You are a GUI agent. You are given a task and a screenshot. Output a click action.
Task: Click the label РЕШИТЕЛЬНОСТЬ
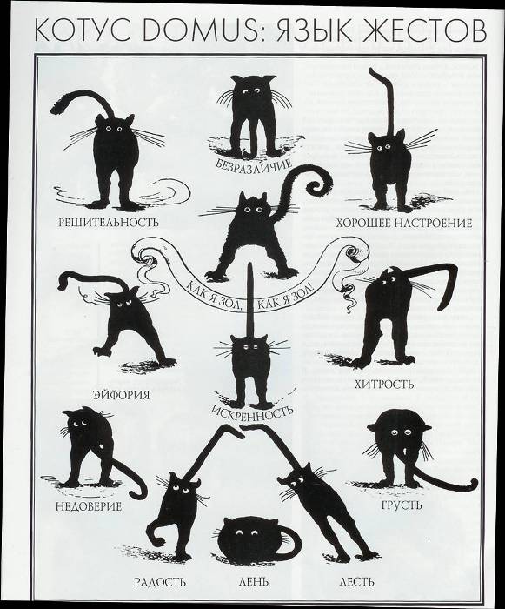[x=109, y=222]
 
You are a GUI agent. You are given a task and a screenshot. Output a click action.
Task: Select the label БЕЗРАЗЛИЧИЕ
[x=255, y=164]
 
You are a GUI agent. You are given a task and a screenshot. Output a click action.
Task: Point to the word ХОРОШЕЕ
[x=363, y=223]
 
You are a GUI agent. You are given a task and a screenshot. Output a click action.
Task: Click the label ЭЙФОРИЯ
[x=121, y=395]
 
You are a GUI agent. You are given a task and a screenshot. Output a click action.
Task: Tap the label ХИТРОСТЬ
[x=384, y=385]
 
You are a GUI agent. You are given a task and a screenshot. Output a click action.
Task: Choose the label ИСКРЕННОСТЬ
[x=252, y=411]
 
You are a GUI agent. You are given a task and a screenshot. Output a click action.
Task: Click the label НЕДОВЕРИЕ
[x=89, y=506]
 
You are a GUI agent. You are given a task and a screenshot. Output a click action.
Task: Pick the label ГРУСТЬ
[x=402, y=505]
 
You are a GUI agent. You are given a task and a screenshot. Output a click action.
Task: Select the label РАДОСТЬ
[x=160, y=582]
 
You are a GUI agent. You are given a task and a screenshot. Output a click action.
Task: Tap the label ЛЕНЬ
[x=253, y=582]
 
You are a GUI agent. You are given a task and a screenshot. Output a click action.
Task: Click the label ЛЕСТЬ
[x=356, y=582]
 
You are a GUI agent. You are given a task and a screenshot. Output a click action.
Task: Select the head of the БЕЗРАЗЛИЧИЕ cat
[x=253, y=90]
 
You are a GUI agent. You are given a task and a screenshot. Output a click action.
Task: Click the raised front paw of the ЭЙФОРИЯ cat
[x=102, y=351]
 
